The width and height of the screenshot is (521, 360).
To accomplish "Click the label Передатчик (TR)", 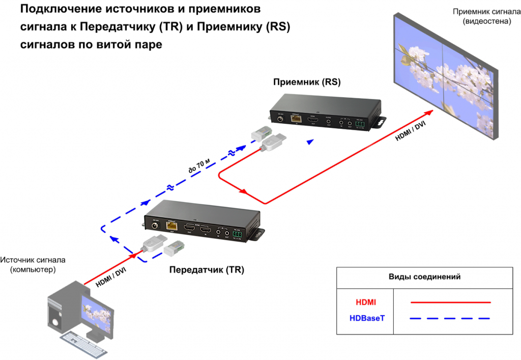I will click(207, 270).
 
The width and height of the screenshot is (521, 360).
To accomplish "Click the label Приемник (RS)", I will click(307, 82).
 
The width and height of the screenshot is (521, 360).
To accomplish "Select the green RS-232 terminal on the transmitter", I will click(237, 234).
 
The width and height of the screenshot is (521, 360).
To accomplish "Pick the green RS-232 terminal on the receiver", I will click(360, 124).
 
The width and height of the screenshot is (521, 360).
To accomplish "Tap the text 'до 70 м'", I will click(199, 165).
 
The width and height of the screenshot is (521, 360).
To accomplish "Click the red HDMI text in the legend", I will click(366, 302).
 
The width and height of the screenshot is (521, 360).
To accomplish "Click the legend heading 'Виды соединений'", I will click(424, 277).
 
